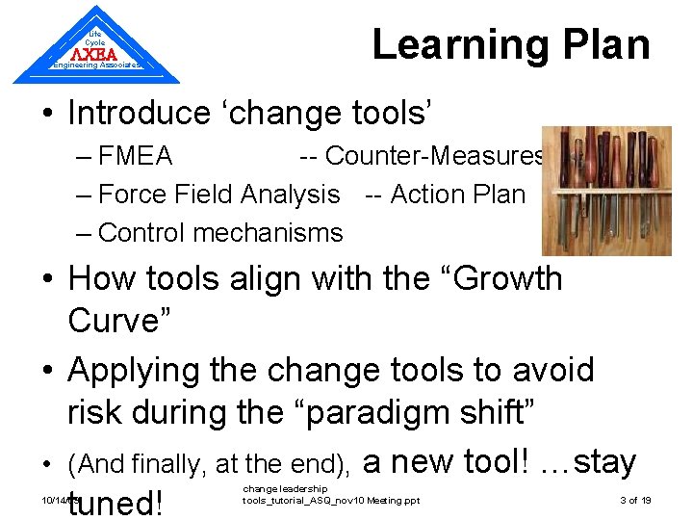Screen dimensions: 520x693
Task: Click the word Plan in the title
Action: tap(603, 45)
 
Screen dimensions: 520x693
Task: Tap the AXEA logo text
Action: tap(95, 54)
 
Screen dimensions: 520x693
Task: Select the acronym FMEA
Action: tap(136, 156)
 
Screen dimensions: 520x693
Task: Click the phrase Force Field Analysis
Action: tap(219, 195)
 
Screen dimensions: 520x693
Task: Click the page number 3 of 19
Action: tap(635, 501)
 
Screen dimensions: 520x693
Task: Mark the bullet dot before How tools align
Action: tap(46, 279)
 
